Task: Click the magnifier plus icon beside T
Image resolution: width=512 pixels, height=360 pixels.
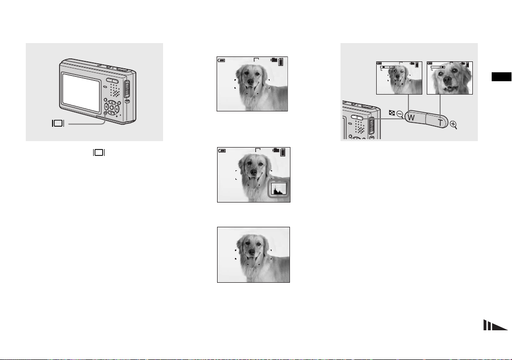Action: point(454,125)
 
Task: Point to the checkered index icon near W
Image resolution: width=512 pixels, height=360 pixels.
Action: point(392,113)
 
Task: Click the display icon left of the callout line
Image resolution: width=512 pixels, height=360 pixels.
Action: point(58,123)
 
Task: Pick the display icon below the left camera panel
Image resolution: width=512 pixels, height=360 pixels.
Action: point(99,153)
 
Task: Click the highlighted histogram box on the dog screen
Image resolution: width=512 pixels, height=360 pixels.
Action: point(279,189)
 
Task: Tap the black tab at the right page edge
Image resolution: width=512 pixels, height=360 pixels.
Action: point(502,77)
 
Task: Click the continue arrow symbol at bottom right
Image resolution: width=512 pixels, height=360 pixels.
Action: point(495,325)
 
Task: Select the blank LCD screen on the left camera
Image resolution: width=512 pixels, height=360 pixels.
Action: point(81,92)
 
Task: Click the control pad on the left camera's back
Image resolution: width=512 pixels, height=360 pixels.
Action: point(112,107)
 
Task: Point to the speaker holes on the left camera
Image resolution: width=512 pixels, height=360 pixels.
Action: point(115,90)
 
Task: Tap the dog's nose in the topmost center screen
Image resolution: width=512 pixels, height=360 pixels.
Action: point(250,82)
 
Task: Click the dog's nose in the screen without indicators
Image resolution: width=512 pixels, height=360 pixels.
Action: point(252,252)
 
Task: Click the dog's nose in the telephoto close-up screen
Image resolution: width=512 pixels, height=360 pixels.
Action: point(448,80)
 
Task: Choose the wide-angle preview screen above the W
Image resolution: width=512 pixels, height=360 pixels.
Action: point(399,78)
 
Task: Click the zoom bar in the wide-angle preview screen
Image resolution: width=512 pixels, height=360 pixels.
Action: point(387,67)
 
